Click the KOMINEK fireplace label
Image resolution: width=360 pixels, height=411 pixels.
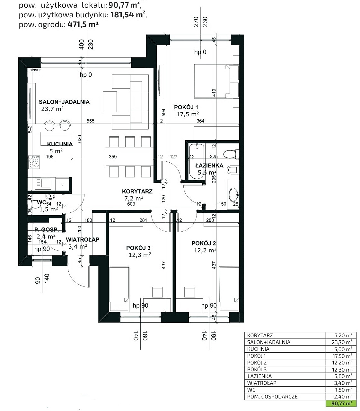pyautogui.click(x=34, y=70)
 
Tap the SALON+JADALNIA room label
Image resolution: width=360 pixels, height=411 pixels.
pyautogui.click(x=64, y=102)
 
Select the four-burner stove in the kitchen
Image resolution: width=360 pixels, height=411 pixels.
pyautogui.click(x=34, y=162)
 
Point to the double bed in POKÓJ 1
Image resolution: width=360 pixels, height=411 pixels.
pyautogui.click(x=212, y=81)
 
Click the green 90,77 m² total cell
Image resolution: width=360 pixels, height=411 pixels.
pyautogui.click(x=341, y=403)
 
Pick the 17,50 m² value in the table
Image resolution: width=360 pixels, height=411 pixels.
pyautogui.click(x=342, y=356)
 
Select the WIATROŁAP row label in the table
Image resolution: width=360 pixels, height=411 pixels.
pyautogui.click(x=261, y=383)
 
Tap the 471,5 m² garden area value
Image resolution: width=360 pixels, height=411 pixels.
pyautogui.click(x=83, y=24)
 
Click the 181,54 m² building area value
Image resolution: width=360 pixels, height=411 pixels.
pyautogui.click(x=128, y=15)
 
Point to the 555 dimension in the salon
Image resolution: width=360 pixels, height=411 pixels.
pyautogui.click(x=91, y=121)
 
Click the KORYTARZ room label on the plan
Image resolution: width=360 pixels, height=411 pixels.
pyautogui.click(x=137, y=191)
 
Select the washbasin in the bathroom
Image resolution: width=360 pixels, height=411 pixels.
pyautogui.click(x=233, y=194)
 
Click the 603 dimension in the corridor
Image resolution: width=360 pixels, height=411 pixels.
pyautogui.click(x=131, y=204)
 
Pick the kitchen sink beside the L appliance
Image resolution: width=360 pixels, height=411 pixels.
pyautogui.click(x=43, y=183)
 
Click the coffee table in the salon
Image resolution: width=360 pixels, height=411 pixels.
pyautogui.click(x=110, y=102)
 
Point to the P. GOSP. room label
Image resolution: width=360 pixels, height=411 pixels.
pyautogui.click(x=47, y=229)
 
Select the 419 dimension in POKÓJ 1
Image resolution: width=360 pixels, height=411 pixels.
pyautogui.click(x=214, y=93)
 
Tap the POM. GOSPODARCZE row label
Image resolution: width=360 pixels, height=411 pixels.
pyautogui.click(x=272, y=397)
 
